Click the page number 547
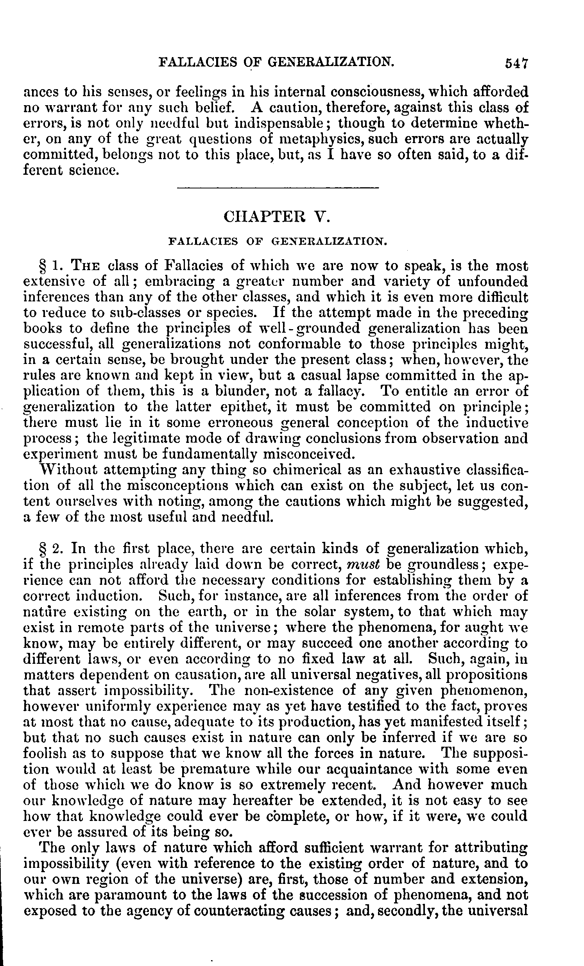[517, 63]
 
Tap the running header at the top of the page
[276, 62]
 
